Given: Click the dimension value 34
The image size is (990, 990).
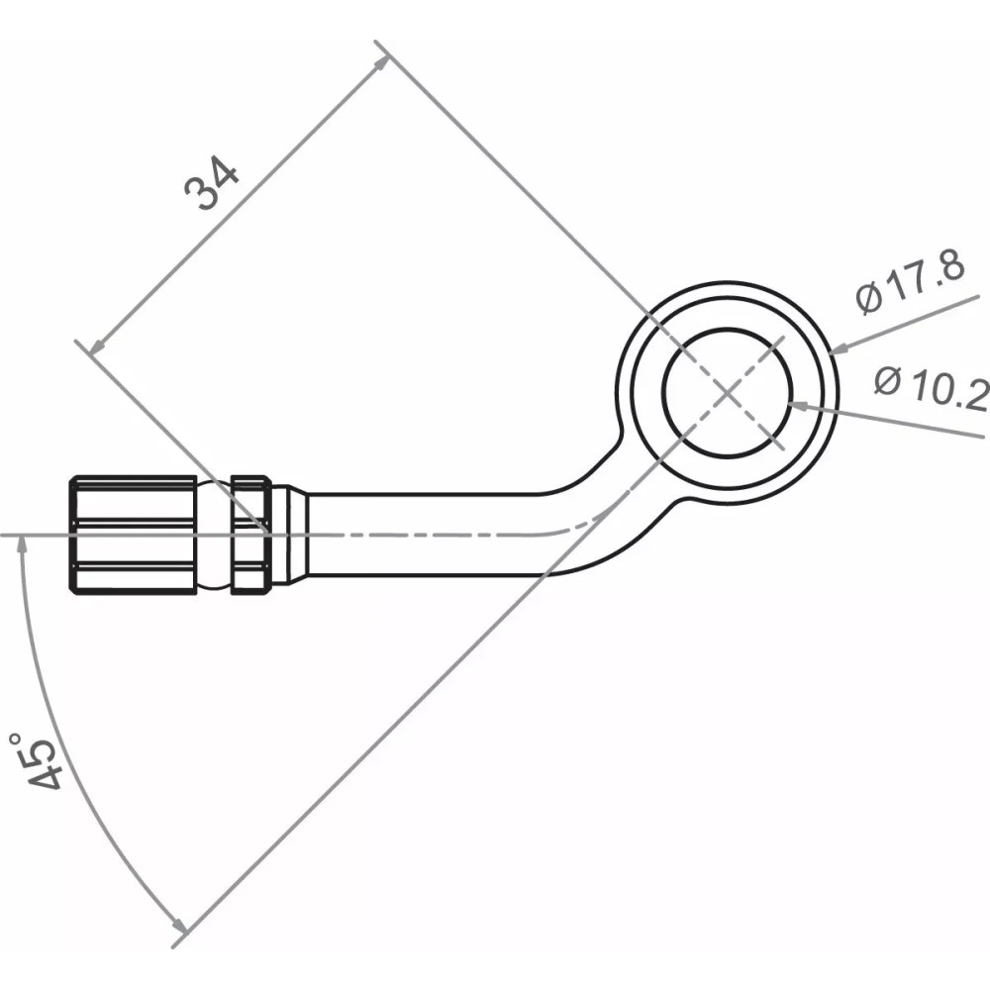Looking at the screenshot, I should (x=213, y=183).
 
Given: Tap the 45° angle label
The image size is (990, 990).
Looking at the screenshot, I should (x=40, y=762).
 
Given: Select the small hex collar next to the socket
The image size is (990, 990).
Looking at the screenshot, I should (x=250, y=535).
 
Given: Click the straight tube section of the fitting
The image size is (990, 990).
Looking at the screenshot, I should (x=426, y=535).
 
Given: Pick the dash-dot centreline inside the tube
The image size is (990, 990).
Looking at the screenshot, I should (x=445, y=535).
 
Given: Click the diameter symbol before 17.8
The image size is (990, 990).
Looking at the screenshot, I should (x=869, y=297).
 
